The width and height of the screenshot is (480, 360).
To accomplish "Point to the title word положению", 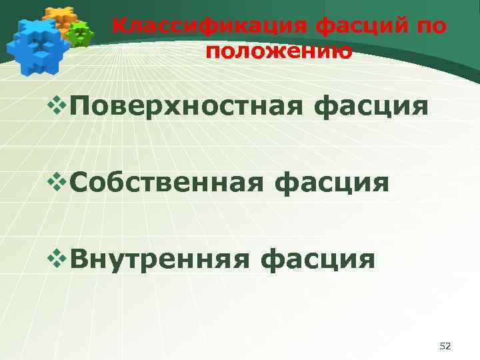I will (279, 51).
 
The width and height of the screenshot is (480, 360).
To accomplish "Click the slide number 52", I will (446, 346).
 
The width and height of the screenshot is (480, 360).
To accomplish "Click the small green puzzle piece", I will (81, 33).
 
